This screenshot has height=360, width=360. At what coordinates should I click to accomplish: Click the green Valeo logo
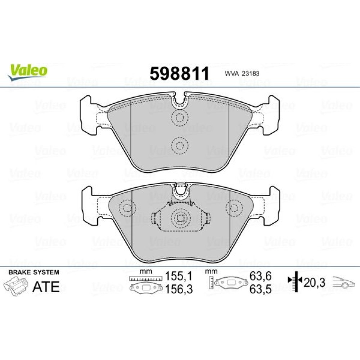tap(28, 72)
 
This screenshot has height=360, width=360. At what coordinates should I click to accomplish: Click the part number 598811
tap(180, 73)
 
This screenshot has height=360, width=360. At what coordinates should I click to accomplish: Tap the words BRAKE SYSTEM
tap(34, 272)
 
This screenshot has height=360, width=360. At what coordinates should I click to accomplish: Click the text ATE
tap(46, 287)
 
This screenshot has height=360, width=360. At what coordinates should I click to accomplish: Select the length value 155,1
tap(179, 276)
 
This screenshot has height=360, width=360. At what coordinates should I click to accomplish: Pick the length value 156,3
tap(179, 289)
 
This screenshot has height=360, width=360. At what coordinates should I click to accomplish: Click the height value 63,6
tap(261, 276)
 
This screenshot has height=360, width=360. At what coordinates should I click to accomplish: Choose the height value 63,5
tap(261, 289)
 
